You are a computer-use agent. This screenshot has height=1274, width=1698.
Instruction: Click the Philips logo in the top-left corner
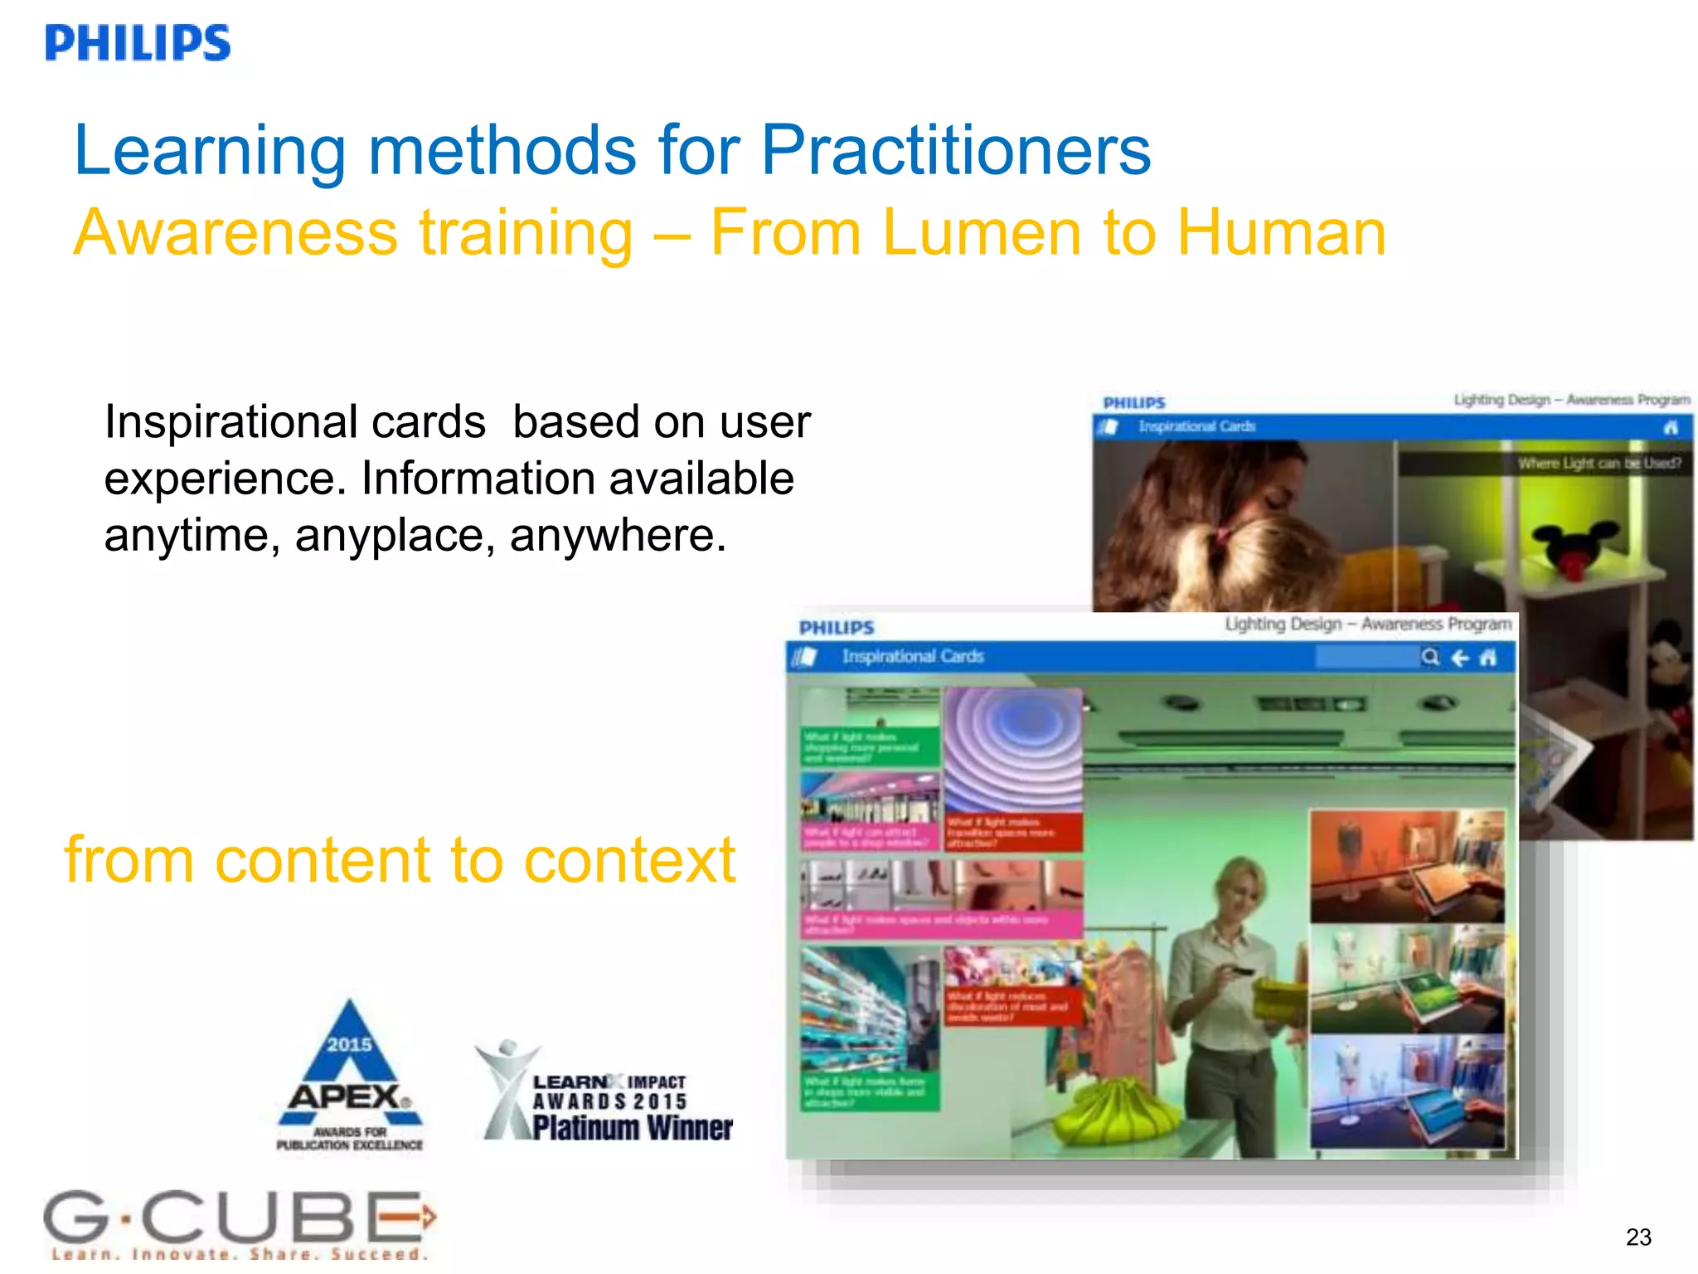pyautogui.click(x=138, y=43)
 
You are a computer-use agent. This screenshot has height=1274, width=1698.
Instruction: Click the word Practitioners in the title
pyautogui.click(x=955, y=151)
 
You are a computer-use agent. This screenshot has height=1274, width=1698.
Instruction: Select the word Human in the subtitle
pyautogui.click(x=1281, y=233)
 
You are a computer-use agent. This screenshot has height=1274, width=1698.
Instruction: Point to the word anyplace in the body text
pyautogui.click(x=395, y=536)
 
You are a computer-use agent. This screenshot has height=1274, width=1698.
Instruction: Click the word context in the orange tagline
pyautogui.click(x=629, y=861)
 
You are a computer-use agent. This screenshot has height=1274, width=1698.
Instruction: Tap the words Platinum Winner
pyautogui.click(x=632, y=1128)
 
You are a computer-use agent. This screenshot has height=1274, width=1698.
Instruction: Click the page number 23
pyautogui.click(x=1638, y=1237)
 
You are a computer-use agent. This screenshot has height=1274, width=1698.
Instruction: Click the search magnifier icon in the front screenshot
pyautogui.click(x=1430, y=657)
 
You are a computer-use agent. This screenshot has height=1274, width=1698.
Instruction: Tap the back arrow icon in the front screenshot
pyautogui.click(x=1460, y=658)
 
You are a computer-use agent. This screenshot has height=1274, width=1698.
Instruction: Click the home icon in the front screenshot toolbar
pyautogui.click(x=1488, y=658)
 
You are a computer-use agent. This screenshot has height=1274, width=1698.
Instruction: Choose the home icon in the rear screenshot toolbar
pyautogui.click(x=1671, y=427)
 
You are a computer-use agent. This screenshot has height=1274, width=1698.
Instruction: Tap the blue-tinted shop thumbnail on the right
pyautogui.click(x=1407, y=1091)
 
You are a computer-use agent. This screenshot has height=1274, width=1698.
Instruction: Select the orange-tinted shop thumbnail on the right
pyautogui.click(x=1407, y=867)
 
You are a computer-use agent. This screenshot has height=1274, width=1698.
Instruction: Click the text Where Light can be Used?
pyautogui.click(x=1599, y=463)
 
